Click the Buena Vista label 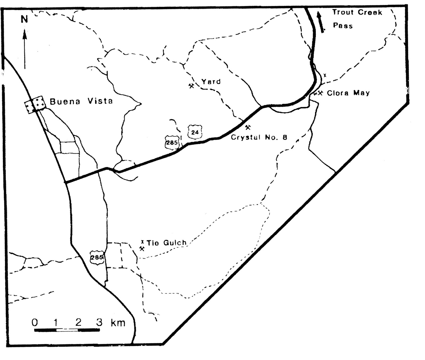point(81,101)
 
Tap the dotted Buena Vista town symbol point(35,105)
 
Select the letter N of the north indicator point(24,19)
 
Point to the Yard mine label point(211,82)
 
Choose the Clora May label point(348,93)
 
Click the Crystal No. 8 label point(259,137)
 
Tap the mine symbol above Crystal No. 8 point(248,128)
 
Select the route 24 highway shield point(195,132)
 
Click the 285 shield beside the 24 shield point(172,143)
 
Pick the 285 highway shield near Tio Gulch point(97,257)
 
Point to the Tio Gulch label point(167,243)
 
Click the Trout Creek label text point(357,12)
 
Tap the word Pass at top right point(343,26)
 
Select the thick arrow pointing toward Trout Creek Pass point(321,23)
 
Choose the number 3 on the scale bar point(99,322)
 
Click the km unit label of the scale point(118,323)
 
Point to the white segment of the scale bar point(67,330)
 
